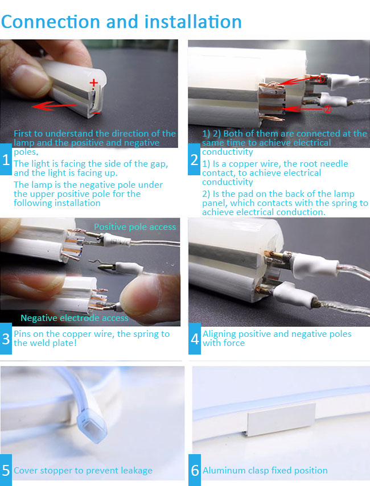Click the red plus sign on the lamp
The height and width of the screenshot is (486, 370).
click(94, 83)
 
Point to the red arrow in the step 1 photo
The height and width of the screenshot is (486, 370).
click(54, 106)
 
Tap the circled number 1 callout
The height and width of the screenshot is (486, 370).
click(320, 79)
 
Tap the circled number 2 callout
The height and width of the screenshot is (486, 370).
click(327, 109)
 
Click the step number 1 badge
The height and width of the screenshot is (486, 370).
click(6, 159)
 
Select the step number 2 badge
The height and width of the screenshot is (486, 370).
click(194, 159)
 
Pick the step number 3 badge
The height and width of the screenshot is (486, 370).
click(6, 339)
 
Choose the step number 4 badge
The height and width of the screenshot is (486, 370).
click(195, 339)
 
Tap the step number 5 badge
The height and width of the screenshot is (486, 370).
click(6, 470)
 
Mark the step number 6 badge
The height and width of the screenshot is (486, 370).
click(195, 470)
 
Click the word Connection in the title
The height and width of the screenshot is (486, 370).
click(51, 22)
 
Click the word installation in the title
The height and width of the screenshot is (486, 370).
click(193, 22)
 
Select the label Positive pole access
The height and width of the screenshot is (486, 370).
click(135, 227)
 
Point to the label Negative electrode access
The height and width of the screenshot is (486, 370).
click(75, 318)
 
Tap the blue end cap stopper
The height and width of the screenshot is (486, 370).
click(92, 426)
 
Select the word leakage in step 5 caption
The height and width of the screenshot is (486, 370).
click(137, 471)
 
